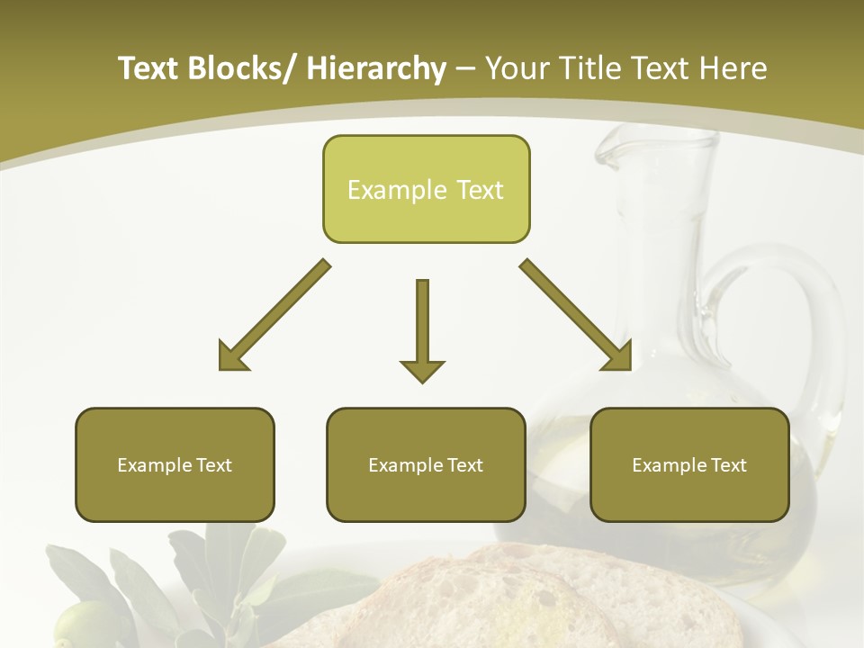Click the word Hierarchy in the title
pyautogui.click(x=376, y=68)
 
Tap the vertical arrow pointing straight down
pyautogui.click(x=422, y=333)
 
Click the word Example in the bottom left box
pyautogui.click(x=149, y=465)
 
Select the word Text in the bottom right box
pyautogui.click(x=729, y=465)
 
